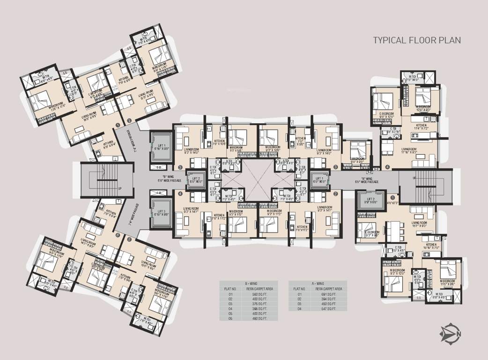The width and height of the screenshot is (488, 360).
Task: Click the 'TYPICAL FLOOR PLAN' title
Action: [417, 40]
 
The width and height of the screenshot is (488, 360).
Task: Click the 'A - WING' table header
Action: [318, 284]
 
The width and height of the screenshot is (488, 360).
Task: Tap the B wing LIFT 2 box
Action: [195, 180]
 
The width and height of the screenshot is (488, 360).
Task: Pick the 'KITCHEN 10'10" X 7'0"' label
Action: [431, 246]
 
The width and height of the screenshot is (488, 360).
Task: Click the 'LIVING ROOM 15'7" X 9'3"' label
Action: [419, 224]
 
